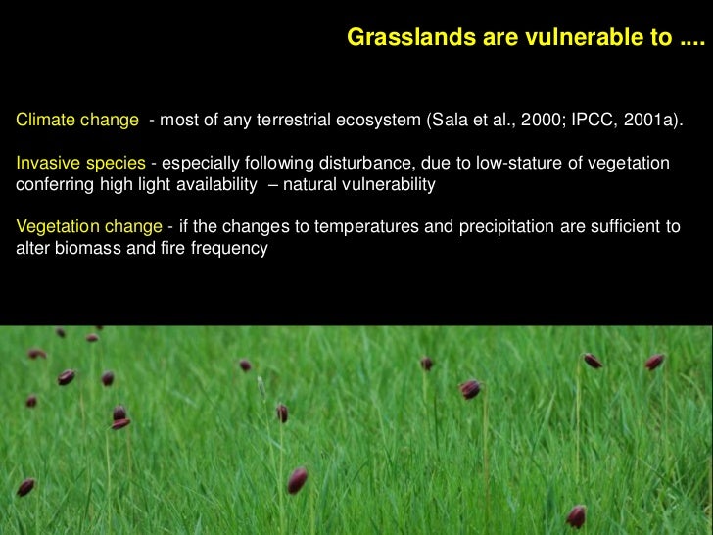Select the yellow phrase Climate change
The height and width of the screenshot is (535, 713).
point(77,122)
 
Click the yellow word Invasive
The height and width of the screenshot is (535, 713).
point(47,161)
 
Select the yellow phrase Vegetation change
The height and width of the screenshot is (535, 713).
point(89,226)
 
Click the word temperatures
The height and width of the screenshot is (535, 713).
point(351,226)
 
